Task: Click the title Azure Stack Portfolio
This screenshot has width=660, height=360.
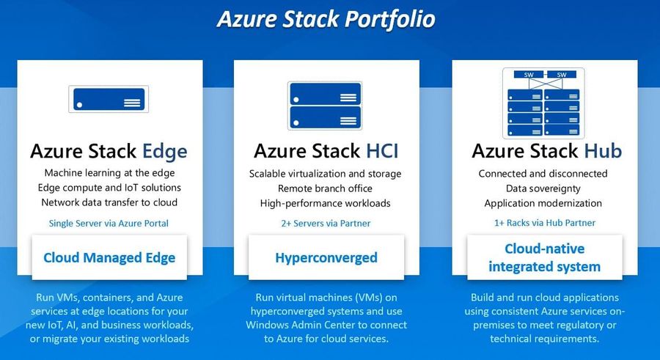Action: coord(326,19)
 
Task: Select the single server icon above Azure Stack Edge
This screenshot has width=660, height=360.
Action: coord(109,99)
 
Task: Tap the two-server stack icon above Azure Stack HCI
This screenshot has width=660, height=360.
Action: coord(325,106)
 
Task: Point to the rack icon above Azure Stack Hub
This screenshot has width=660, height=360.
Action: coord(543,103)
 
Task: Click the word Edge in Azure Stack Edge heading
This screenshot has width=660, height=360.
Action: coord(164,152)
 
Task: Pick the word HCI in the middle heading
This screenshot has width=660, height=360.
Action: coord(382,151)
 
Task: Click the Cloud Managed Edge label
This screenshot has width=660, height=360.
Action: coord(109,257)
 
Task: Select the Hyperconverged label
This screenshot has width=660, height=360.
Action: coord(326,257)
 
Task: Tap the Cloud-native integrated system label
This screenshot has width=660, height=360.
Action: coord(545,257)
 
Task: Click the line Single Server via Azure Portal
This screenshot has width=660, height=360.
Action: coord(109,223)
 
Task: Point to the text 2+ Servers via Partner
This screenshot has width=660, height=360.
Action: coord(326,223)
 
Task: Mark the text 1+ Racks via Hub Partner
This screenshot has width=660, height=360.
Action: coord(545,223)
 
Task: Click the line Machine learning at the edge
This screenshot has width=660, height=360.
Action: coord(109,173)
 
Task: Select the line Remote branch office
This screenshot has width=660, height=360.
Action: coord(325,188)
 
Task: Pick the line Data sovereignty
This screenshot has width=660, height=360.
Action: coord(543,188)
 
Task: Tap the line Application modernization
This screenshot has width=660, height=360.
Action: coord(543,203)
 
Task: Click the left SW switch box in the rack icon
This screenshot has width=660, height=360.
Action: coord(529,75)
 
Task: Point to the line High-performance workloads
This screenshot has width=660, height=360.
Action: coord(325,203)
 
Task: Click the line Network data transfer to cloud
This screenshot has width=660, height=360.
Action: coord(109,202)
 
